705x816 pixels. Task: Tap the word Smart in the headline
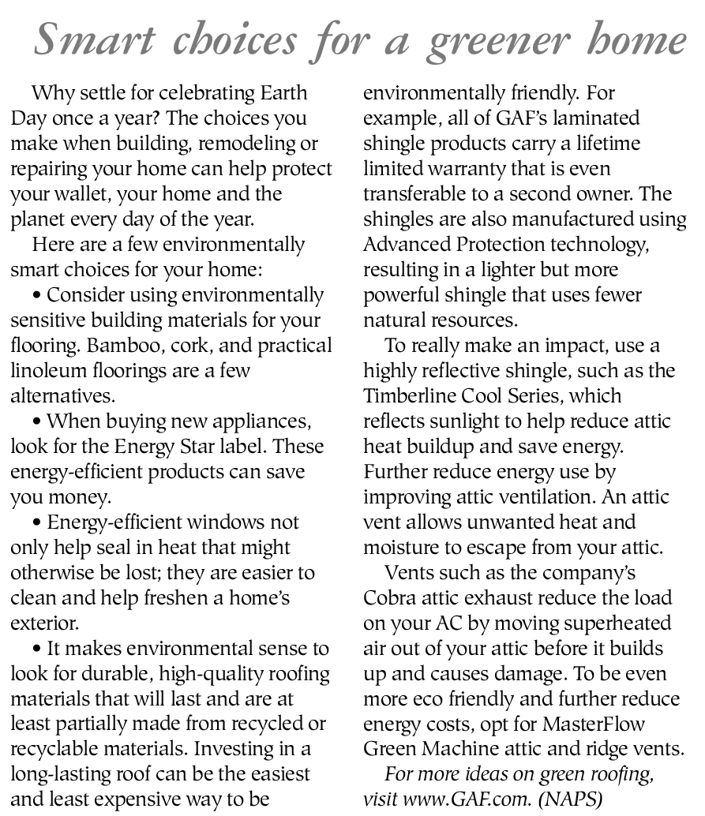click(85, 39)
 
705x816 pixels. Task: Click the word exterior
click(43, 623)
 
